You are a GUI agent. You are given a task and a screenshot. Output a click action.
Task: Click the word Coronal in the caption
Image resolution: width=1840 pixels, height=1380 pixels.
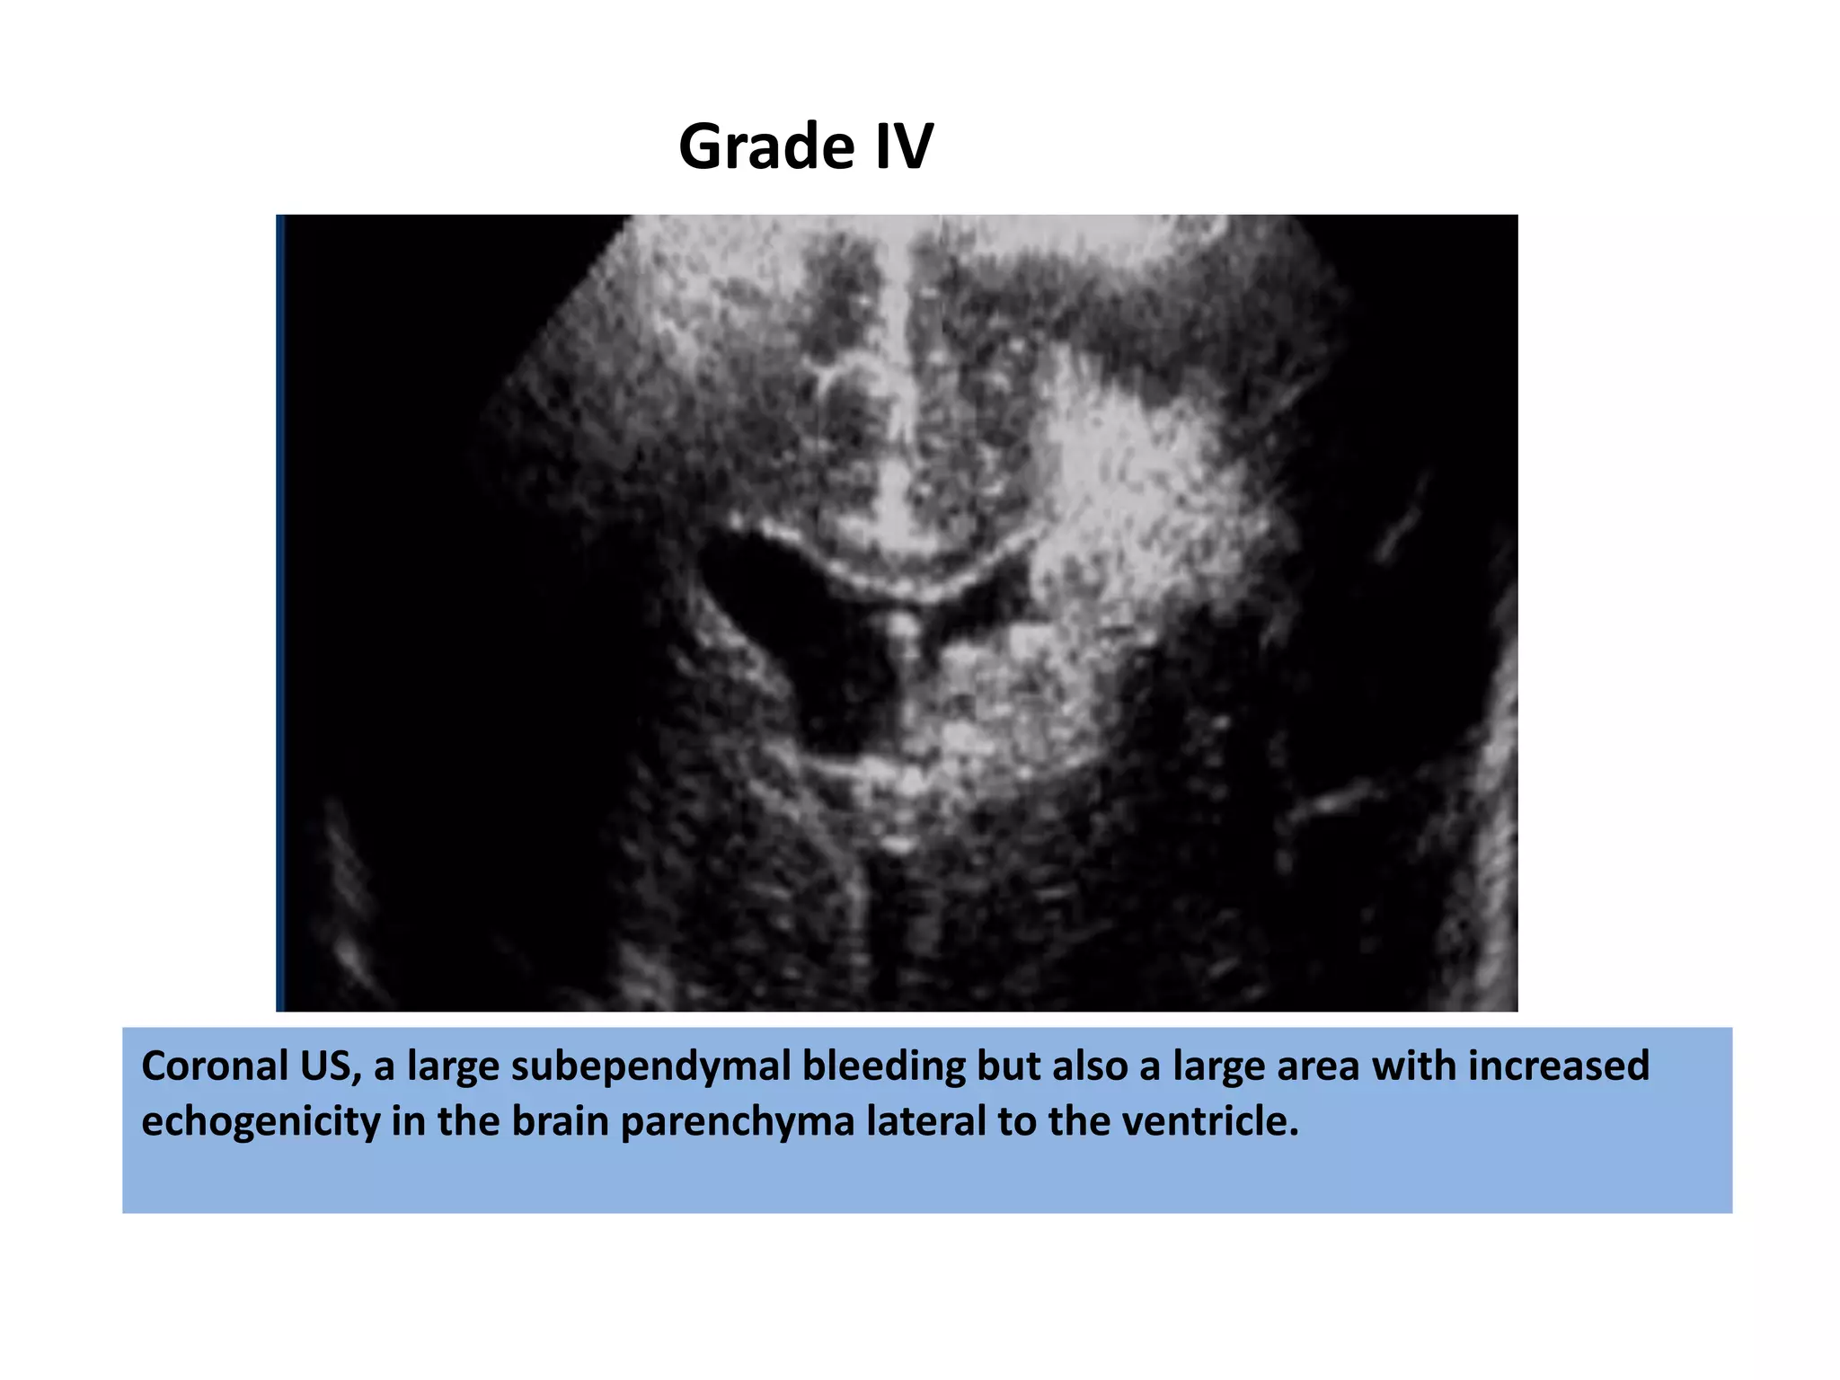tap(207, 1066)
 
